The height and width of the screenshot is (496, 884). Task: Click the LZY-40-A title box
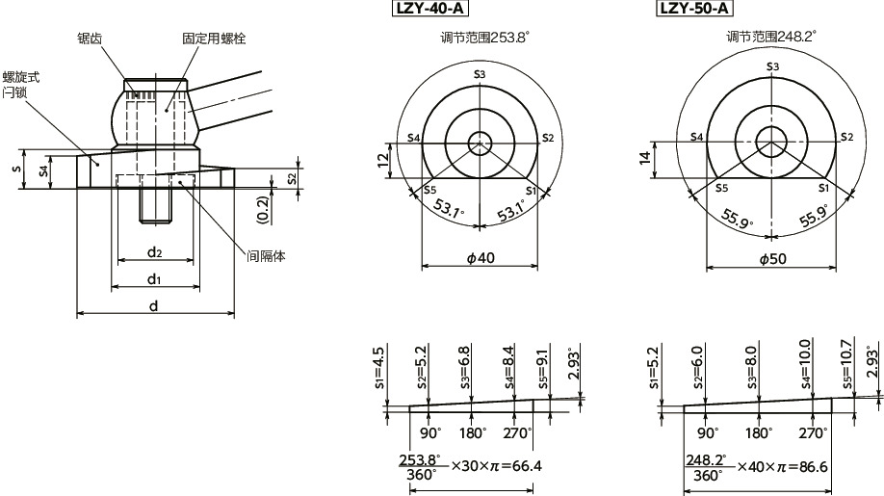pyautogui.click(x=429, y=10)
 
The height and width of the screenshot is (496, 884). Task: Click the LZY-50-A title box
pyautogui.click(x=694, y=10)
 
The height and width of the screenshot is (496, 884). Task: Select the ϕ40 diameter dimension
pyautogui.click(x=480, y=258)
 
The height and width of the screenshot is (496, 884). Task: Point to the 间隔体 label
pyautogui.click(x=266, y=256)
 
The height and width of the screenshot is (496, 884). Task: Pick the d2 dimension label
pyautogui.click(x=154, y=252)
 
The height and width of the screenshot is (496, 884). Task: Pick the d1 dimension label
pyautogui.click(x=154, y=279)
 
